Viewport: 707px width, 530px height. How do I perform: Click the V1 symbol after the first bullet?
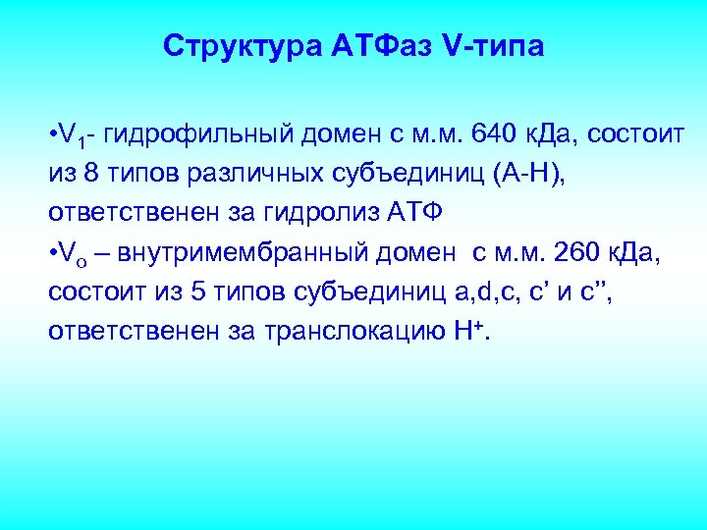75,133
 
